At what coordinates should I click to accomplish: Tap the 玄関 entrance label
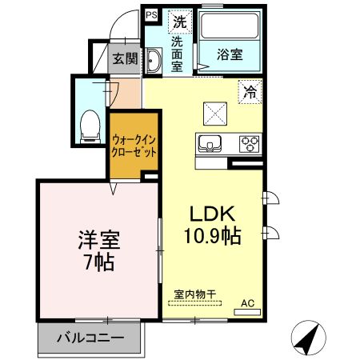[125, 58]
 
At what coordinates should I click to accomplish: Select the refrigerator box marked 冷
[250, 92]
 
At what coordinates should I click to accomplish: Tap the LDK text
[210, 214]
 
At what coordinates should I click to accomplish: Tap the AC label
[249, 304]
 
